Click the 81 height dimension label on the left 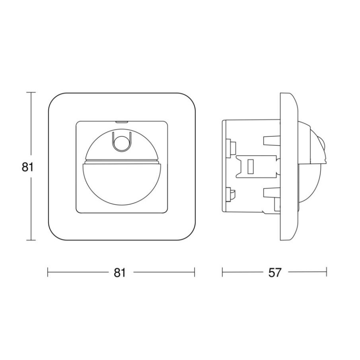tap(27, 167)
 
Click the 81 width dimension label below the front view tap(119, 272)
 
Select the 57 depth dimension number tap(275, 272)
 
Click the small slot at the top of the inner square tap(122, 122)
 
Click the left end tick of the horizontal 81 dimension tap(48, 272)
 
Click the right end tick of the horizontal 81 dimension tap(195, 272)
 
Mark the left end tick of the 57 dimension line tap(223, 272)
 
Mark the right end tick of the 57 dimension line tap(326, 272)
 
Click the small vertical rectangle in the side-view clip tap(250, 167)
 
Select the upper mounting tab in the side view tap(270, 140)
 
